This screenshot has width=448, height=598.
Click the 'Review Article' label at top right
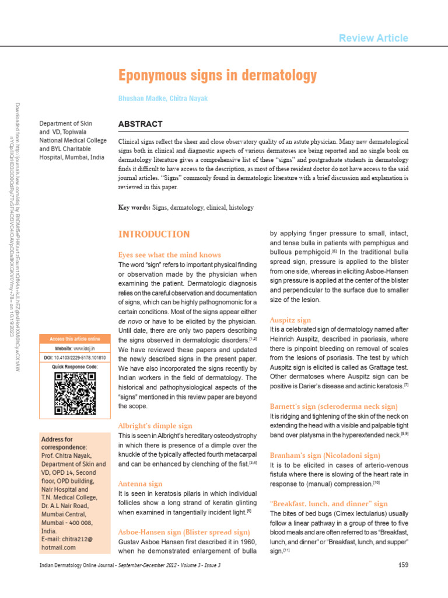373,38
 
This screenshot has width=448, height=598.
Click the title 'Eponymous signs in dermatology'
218,75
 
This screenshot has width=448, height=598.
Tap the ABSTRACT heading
140,124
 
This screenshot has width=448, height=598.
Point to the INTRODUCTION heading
154,234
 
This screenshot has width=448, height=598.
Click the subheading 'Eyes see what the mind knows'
170,255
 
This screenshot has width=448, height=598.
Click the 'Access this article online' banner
75,339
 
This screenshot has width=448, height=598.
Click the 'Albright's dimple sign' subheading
155,426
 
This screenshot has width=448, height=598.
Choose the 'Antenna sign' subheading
140,484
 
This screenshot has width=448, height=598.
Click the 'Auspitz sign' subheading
290,320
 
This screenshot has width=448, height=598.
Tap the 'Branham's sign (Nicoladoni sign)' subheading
325,455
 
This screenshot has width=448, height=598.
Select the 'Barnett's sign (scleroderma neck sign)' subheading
334,406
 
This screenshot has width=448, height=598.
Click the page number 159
402,565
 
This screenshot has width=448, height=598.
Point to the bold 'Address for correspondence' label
57,443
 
